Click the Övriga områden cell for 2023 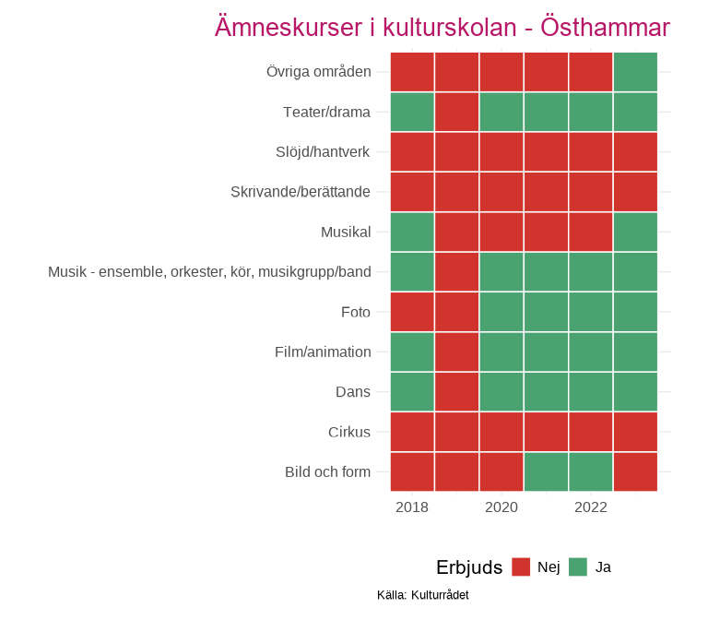pos(635,72)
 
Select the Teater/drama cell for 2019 pos(456,112)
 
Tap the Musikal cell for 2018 pos(412,232)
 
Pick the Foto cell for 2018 pos(412,312)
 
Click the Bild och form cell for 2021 pos(546,471)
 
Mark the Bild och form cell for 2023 pos(635,471)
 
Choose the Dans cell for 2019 pos(456,391)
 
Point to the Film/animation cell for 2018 pos(412,352)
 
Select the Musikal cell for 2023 pos(635,232)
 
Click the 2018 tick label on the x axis pos(411,507)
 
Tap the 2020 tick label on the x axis pos(501,507)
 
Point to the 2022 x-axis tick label pos(590,507)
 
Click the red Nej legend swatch pos(521,566)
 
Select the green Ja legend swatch pos(578,566)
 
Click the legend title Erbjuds pos(469,567)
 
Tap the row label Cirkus pos(349,432)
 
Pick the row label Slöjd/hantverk pos(323,152)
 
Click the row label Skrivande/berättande pos(301,192)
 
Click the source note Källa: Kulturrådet pos(423,595)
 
